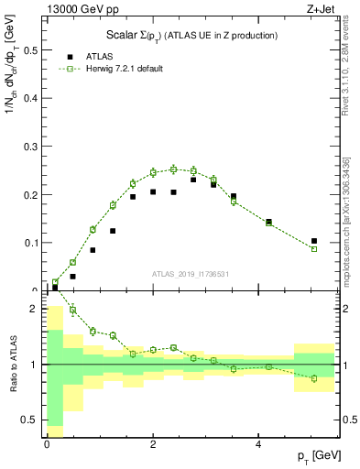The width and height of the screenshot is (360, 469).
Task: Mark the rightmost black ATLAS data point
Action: coord(314,241)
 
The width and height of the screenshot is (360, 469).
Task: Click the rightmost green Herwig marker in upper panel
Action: coord(314,249)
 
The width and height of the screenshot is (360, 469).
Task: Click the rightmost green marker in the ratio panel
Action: coord(314,378)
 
